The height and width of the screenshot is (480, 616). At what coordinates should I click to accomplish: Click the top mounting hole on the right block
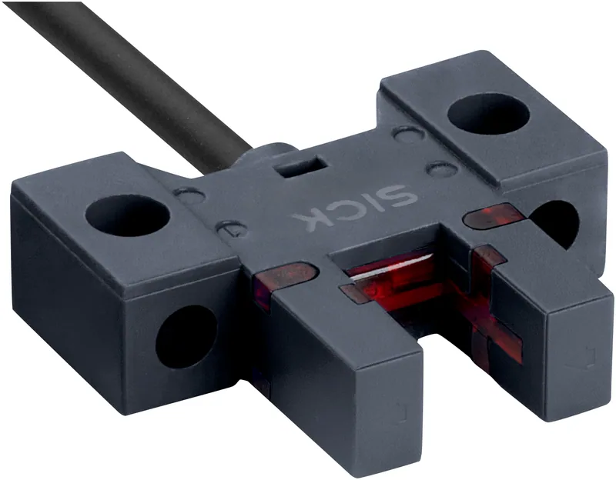click(x=488, y=113)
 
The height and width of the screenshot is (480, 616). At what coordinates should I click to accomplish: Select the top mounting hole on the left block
click(x=128, y=216)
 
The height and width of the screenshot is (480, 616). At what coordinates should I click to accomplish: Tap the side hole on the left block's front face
click(x=186, y=337)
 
